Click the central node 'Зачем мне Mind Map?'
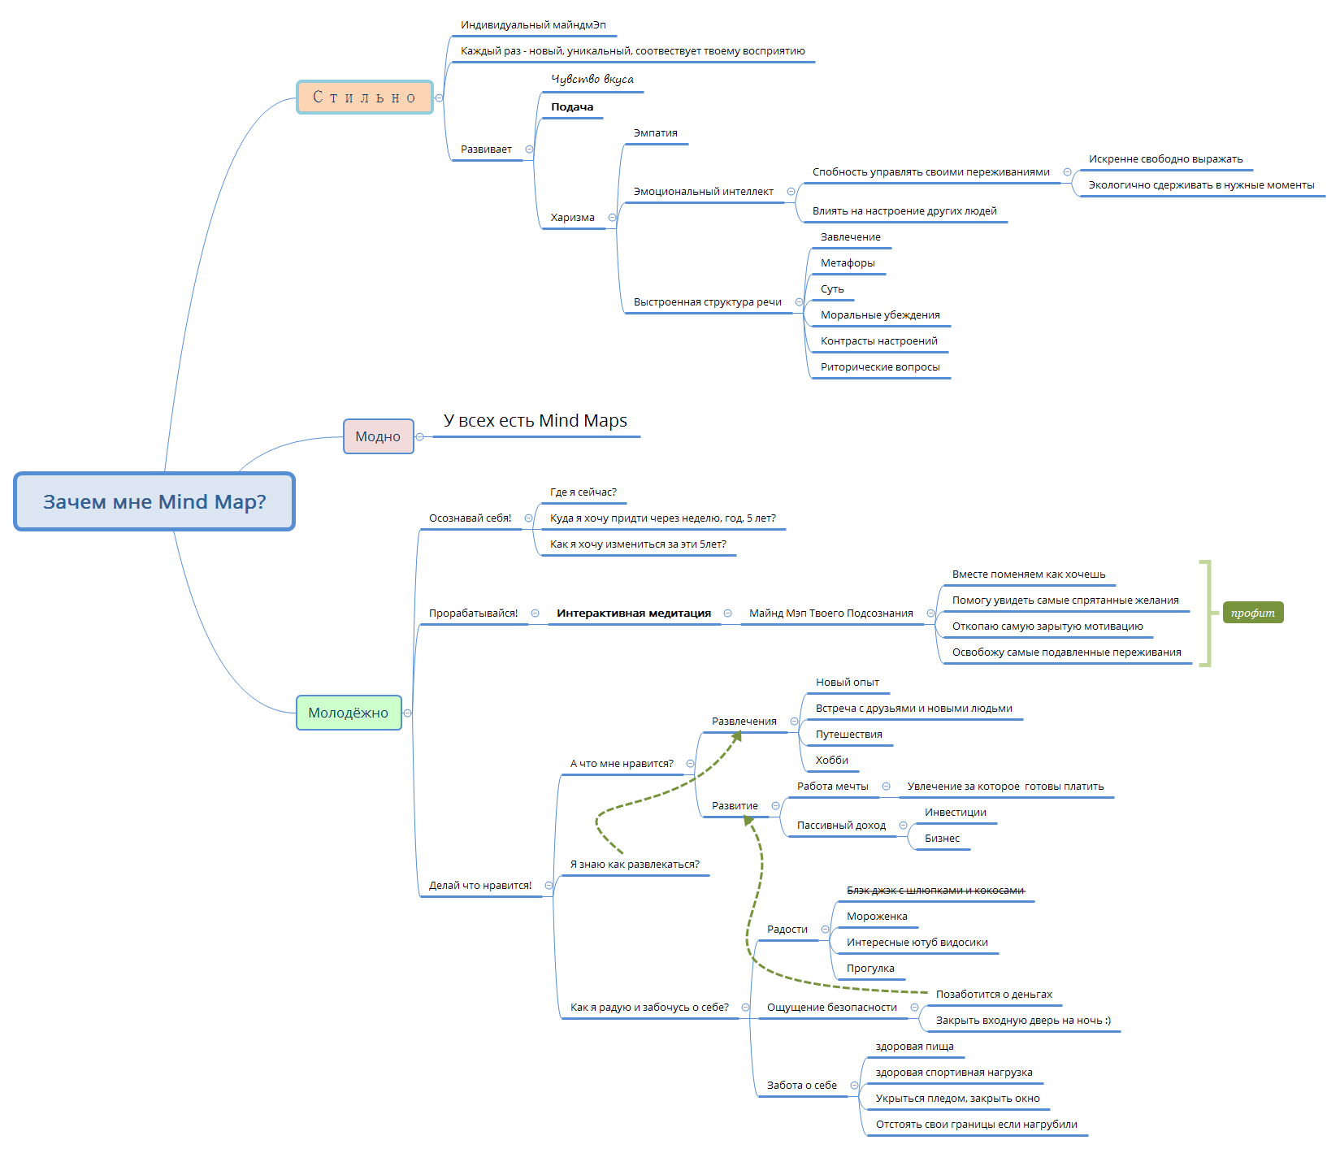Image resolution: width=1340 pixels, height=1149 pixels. click(154, 501)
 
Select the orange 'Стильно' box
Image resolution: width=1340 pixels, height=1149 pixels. click(365, 98)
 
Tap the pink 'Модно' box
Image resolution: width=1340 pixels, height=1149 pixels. click(378, 436)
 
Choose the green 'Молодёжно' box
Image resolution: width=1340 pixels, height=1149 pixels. click(349, 713)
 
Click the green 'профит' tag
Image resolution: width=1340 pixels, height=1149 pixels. click(1252, 613)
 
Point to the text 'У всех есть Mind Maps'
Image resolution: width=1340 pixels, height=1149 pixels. click(536, 421)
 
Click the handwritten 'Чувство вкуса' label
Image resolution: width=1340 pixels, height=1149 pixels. click(592, 79)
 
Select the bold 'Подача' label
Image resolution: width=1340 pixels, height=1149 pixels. click(572, 107)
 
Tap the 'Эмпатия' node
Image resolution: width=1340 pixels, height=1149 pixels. click(656, 133)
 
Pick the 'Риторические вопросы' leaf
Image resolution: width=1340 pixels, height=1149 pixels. click(880, 367)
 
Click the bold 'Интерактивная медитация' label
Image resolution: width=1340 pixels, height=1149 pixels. click(634, 614)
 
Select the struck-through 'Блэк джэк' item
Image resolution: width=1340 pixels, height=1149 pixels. click(935, 891)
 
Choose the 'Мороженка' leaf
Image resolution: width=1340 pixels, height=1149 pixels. click(877, 917)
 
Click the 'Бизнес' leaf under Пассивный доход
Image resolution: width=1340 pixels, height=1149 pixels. click(942, 839)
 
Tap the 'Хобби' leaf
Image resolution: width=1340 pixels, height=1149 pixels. click(832, 761)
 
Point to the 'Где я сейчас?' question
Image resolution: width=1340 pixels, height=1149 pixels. click(583, 492)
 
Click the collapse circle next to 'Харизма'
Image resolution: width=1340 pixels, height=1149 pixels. click(612, 218)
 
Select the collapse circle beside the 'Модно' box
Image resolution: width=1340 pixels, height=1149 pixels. click(420, 437)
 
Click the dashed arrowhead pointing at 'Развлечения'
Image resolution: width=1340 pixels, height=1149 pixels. click(737, 735)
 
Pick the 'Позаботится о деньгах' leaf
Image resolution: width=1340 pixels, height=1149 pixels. click(994, 995)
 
